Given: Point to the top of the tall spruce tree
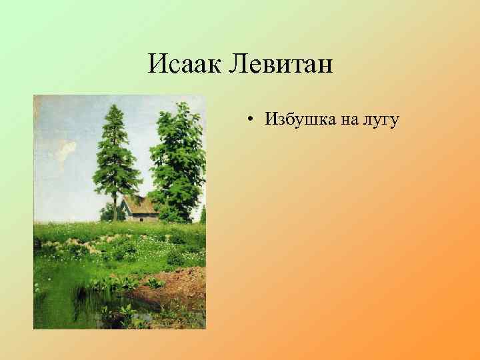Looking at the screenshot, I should pos(118,107).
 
